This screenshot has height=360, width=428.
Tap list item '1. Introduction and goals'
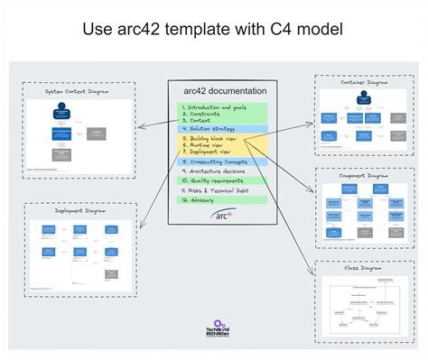coord(214,107)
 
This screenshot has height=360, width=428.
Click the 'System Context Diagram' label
coord(79,91)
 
